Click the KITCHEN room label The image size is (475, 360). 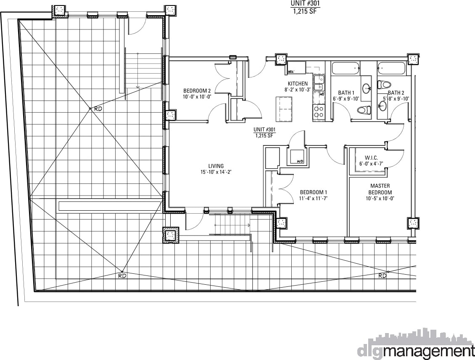(298, 84)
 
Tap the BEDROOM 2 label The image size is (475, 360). (197, 90)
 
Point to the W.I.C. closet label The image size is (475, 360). (371, 158)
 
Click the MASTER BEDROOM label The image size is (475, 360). (380, 189)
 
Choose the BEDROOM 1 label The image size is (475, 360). (313, 192)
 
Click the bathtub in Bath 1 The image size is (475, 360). (346, 68)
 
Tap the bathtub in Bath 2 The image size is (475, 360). (391, 68)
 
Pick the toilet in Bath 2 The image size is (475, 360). (385, 84)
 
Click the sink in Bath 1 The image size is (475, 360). (367, 88)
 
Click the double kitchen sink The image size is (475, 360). (319, 83)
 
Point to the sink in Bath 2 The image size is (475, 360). (382, 106)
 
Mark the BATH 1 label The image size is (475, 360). (346, 93)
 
